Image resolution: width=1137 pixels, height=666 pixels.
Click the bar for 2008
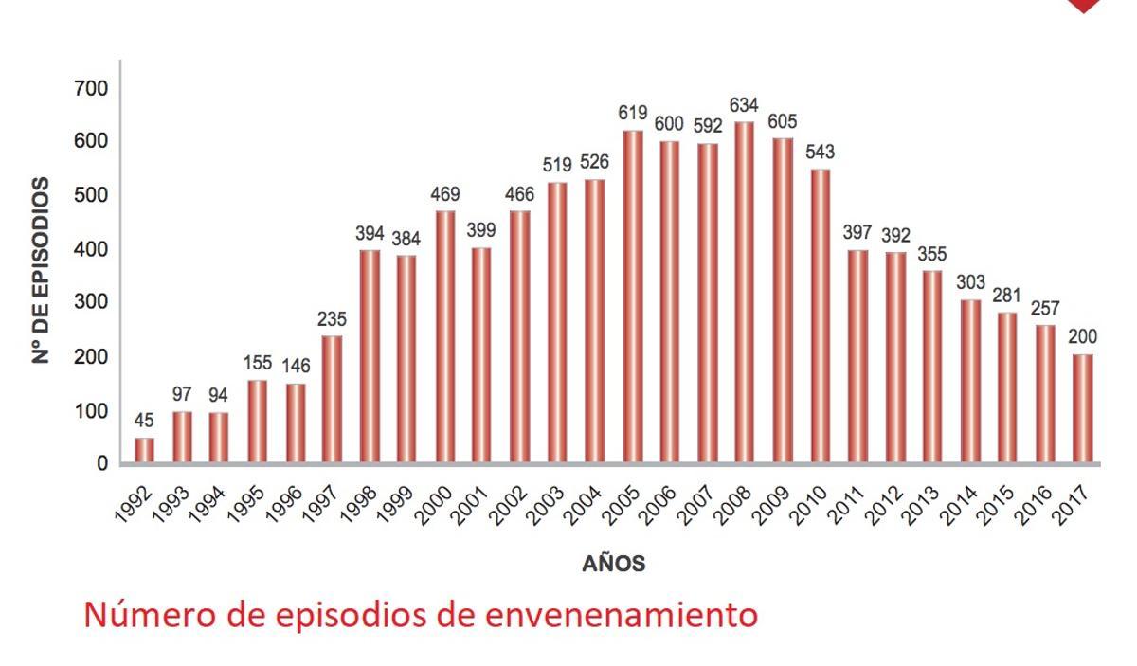tap(744, 293)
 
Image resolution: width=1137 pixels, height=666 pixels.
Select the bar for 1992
tap(144, 450)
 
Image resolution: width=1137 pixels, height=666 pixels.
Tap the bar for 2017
tap(1082, 408)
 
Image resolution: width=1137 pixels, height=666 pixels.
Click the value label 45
tap(144, 420)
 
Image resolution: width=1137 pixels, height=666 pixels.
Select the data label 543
tap(819, 153)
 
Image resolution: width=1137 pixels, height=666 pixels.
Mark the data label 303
tap(970, 282)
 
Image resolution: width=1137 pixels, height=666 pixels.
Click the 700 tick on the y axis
tap(90, 88)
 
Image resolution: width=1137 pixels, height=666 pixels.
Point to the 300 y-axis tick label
tap(90, 302)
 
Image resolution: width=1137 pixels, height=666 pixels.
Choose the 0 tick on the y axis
tap(100, 463)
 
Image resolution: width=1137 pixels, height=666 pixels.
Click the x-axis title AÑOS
tap(613, 565)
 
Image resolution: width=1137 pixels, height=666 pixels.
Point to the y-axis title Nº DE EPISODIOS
tap(41, 270)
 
